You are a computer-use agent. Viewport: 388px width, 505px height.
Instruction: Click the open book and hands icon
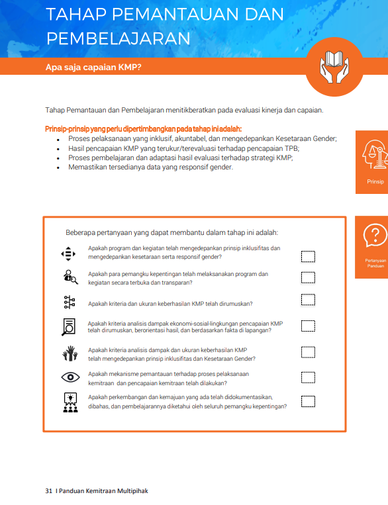(334, 67)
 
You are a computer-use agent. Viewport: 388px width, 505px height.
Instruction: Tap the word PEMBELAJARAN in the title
(119, 38)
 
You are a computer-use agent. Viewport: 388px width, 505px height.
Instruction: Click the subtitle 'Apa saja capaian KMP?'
(93, 68)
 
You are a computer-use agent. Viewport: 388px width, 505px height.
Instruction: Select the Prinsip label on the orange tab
(375, 181)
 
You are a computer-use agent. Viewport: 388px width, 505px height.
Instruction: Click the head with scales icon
(375, 154)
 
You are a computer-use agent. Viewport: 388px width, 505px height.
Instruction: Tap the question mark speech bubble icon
(375, 235)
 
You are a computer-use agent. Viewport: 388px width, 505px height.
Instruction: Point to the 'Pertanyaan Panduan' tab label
(375, 263)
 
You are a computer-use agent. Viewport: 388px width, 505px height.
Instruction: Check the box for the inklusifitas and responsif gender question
(308, 257)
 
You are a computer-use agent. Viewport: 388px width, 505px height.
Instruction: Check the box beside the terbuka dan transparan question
(308, 277)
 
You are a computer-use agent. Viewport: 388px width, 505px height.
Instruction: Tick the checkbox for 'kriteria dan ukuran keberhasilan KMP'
(308, 300)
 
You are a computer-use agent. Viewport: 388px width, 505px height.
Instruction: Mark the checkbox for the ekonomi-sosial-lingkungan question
(308, 326)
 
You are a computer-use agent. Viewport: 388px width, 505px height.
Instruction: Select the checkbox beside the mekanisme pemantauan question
(308, 377)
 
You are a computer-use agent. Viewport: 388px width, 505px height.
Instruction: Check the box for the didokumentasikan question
(308, 402)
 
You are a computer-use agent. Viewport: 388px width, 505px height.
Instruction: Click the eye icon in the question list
(71, 377)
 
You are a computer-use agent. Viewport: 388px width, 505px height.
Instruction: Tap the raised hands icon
(70, 353)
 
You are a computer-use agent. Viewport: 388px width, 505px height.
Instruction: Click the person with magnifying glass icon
(71, 277)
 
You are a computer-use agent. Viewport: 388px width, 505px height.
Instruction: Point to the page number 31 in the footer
(48, 491)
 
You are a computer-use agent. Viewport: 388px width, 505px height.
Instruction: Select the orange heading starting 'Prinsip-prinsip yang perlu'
(144, 129)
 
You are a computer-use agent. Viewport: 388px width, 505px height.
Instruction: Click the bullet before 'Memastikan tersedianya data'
(58, 168)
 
